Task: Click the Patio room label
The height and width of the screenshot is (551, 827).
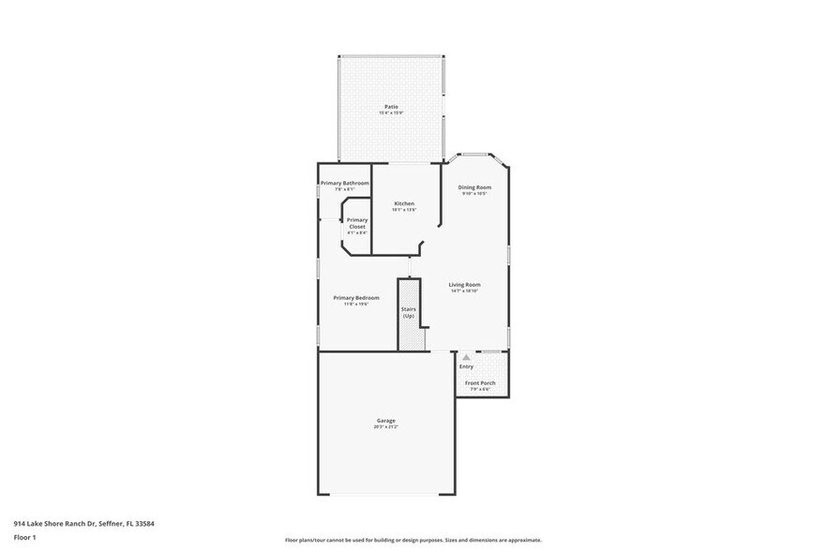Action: [391, 107]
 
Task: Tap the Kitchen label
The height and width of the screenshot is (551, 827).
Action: [404, 203]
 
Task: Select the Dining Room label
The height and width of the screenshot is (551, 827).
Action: [474, 187]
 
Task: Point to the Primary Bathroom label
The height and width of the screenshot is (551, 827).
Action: [344, 183]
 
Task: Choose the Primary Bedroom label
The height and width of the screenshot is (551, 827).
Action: [355, 298]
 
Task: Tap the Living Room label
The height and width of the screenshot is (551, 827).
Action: [465, 285]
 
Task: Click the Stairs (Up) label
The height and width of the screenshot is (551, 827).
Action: [408, 312]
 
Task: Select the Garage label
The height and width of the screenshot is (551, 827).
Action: [385, 420]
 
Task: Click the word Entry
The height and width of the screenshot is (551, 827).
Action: [466, 366]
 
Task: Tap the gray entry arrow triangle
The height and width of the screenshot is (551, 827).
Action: [466, 357]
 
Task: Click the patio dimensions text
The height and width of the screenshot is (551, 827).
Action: [391, 113]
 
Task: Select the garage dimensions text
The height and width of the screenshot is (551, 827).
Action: [385, 426]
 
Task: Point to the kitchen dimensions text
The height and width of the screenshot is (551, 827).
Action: [404, 210]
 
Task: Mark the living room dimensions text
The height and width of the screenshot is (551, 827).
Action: [465, 291]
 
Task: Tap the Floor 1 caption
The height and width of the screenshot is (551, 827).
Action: [24, 537]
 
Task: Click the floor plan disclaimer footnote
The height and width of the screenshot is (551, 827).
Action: [413, 541]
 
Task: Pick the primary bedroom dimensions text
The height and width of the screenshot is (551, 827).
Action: [355, 305]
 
